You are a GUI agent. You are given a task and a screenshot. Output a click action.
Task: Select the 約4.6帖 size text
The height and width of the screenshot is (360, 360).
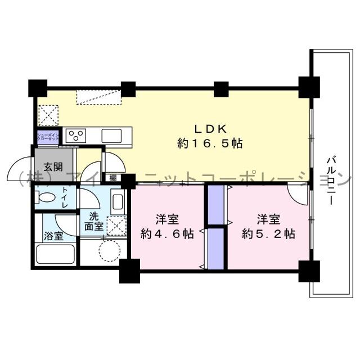(x=167, y=234)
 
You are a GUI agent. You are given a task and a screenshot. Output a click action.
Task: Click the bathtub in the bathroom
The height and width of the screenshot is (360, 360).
(x=55, y=255)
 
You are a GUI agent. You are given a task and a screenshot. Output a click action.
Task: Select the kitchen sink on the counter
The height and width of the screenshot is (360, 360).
(x=111, y=135)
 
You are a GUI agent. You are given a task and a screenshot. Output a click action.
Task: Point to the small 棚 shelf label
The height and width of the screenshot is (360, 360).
(x=113, y=178)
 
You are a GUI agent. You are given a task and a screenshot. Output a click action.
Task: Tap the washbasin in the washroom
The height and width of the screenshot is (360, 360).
(x=119, y=201)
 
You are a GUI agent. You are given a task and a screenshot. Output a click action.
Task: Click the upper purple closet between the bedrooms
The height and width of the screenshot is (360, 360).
(x=215, y=204)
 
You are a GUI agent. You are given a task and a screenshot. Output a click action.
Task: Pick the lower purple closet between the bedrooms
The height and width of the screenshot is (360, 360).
(x=215, y=247)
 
